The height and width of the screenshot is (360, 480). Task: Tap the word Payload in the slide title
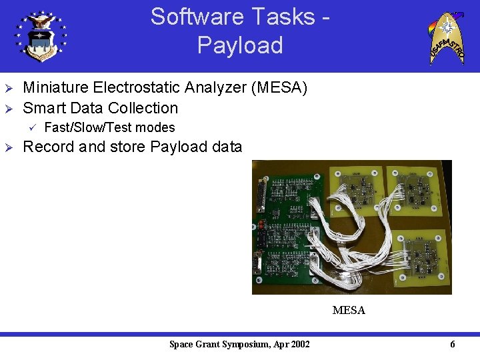[240, 45]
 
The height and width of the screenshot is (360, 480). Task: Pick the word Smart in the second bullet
[43, 108]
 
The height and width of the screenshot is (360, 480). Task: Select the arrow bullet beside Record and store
[9, 147]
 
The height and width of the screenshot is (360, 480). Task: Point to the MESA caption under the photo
[349, 310]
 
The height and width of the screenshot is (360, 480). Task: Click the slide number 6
[453, 344]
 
